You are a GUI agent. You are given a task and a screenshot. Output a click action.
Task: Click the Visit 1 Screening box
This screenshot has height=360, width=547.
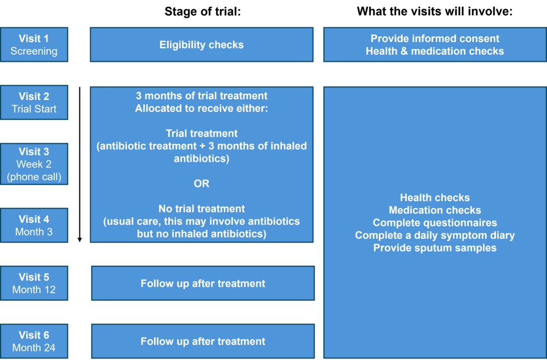[x=34, y=45]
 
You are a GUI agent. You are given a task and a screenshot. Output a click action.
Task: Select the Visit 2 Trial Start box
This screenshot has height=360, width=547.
[x=34, y=103]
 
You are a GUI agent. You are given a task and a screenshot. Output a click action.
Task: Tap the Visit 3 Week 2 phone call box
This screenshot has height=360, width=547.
[x=34, y=164]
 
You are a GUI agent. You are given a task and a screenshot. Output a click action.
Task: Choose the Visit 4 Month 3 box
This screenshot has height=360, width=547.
[x=34, y=225]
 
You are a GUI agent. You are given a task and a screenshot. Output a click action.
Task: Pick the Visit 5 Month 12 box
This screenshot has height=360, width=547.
[x=34, y=284]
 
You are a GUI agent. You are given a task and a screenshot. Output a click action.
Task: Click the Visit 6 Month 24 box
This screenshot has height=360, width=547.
[x=34, y=341]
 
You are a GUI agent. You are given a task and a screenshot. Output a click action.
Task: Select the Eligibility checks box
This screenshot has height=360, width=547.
[x=202, y=45]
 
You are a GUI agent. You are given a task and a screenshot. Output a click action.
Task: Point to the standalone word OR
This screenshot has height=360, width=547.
[x=202, y=184]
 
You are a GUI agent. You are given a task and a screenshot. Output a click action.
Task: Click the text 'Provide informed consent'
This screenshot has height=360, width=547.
[x=435, y=38]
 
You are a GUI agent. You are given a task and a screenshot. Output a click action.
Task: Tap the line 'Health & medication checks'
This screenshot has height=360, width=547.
[x=435, y=51]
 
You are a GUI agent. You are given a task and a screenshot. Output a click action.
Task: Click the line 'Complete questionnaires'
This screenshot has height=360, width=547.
[x=435, y=223]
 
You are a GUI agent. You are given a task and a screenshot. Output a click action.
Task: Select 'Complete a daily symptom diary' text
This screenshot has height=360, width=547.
[x=435, y=235]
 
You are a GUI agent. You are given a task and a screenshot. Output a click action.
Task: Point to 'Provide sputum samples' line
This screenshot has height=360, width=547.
[x=435, y=248]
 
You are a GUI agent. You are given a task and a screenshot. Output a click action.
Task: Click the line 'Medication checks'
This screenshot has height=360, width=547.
[x=435, y=210]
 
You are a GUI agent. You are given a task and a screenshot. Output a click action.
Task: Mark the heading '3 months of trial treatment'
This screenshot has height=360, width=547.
[x=202, y=96]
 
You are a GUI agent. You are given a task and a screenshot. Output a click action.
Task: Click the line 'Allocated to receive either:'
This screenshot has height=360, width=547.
[x=202, y=108]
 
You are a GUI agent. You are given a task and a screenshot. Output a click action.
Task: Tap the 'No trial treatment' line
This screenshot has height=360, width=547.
[x=202, y=209]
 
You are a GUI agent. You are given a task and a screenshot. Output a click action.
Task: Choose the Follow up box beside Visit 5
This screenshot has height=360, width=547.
[x=203, y=284]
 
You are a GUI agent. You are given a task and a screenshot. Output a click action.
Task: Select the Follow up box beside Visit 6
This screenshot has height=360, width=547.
[x=203, y=341]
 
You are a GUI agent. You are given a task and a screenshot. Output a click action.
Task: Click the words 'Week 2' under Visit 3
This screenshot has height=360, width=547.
[x=34, y=164]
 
